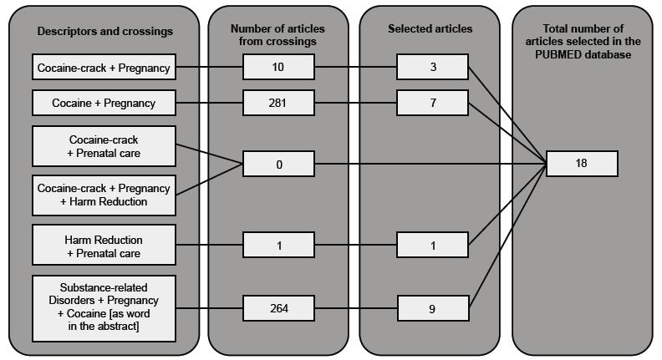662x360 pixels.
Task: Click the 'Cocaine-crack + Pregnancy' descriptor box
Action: tap(104, 68)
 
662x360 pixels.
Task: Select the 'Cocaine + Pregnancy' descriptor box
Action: tap(104, 104)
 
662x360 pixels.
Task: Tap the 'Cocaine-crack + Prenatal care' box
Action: tap(104, 146)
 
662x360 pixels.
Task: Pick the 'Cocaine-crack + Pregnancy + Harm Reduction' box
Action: tap(104, 195)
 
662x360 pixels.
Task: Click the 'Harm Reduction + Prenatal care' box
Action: tap(104, 246)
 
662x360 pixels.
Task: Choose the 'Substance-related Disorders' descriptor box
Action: tap(104, 307)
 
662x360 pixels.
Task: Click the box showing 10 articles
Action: tap(278, 67)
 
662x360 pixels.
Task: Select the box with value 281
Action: tap(278, 104)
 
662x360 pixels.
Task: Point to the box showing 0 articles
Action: tap(278, 165)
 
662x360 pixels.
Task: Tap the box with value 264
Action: tap(278, 308)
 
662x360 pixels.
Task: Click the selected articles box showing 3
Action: tap(432, 67)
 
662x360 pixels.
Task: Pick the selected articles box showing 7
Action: tap(432, 104)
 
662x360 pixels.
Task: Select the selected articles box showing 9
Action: tap(432, 308)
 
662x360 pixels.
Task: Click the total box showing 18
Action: tap(582, 164)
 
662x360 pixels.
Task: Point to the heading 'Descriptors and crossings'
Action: tap(104, 32)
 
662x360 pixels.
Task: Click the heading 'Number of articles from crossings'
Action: tap(278, 35)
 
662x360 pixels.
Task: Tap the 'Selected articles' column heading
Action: tap(430, 29)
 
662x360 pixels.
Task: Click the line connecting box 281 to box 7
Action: tap(355, 104)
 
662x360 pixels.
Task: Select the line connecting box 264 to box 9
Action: tap(355, 308)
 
